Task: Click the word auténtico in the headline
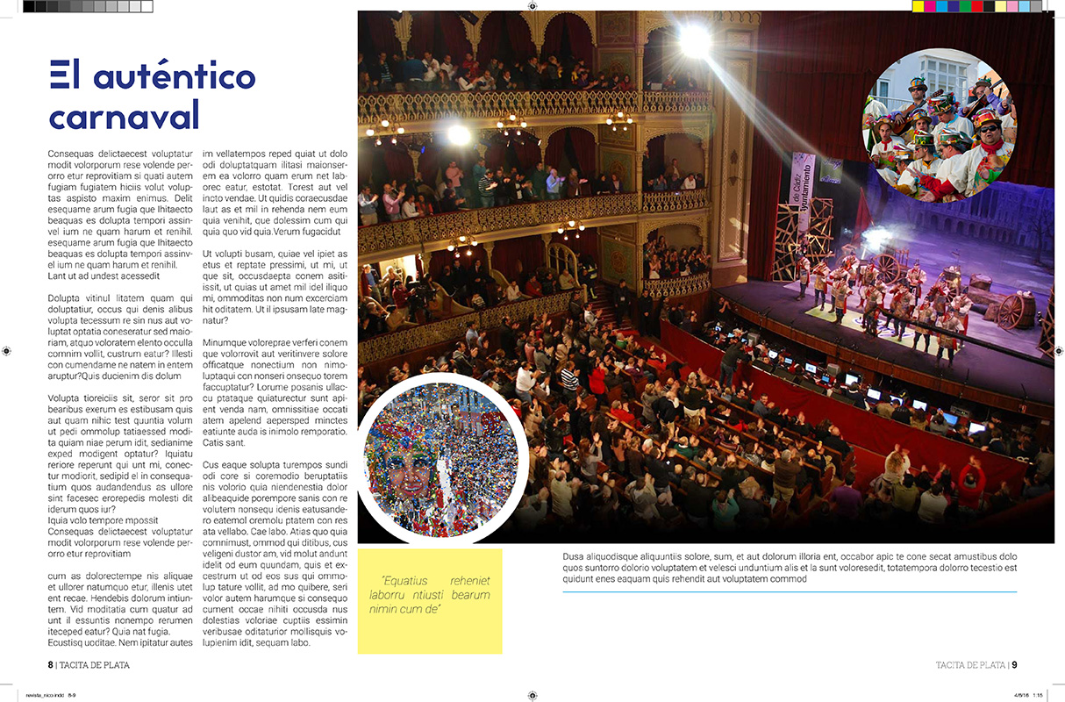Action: coord(176,77)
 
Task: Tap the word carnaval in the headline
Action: coord(124,116)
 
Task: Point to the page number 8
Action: coord(51,665)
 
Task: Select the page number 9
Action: coord(1013,665)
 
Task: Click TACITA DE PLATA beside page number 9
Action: coord(969,665)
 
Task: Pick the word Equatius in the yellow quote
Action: coord(404,581)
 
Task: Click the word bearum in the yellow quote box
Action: coord(470,595)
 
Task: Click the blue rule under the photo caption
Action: coord(790,591)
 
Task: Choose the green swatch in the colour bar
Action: coord(965,6)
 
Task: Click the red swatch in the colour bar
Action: coord(976,6)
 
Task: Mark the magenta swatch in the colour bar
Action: coord(941,6)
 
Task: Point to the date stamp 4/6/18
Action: coord(1021,694)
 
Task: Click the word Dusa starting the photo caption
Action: coord(573,556)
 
